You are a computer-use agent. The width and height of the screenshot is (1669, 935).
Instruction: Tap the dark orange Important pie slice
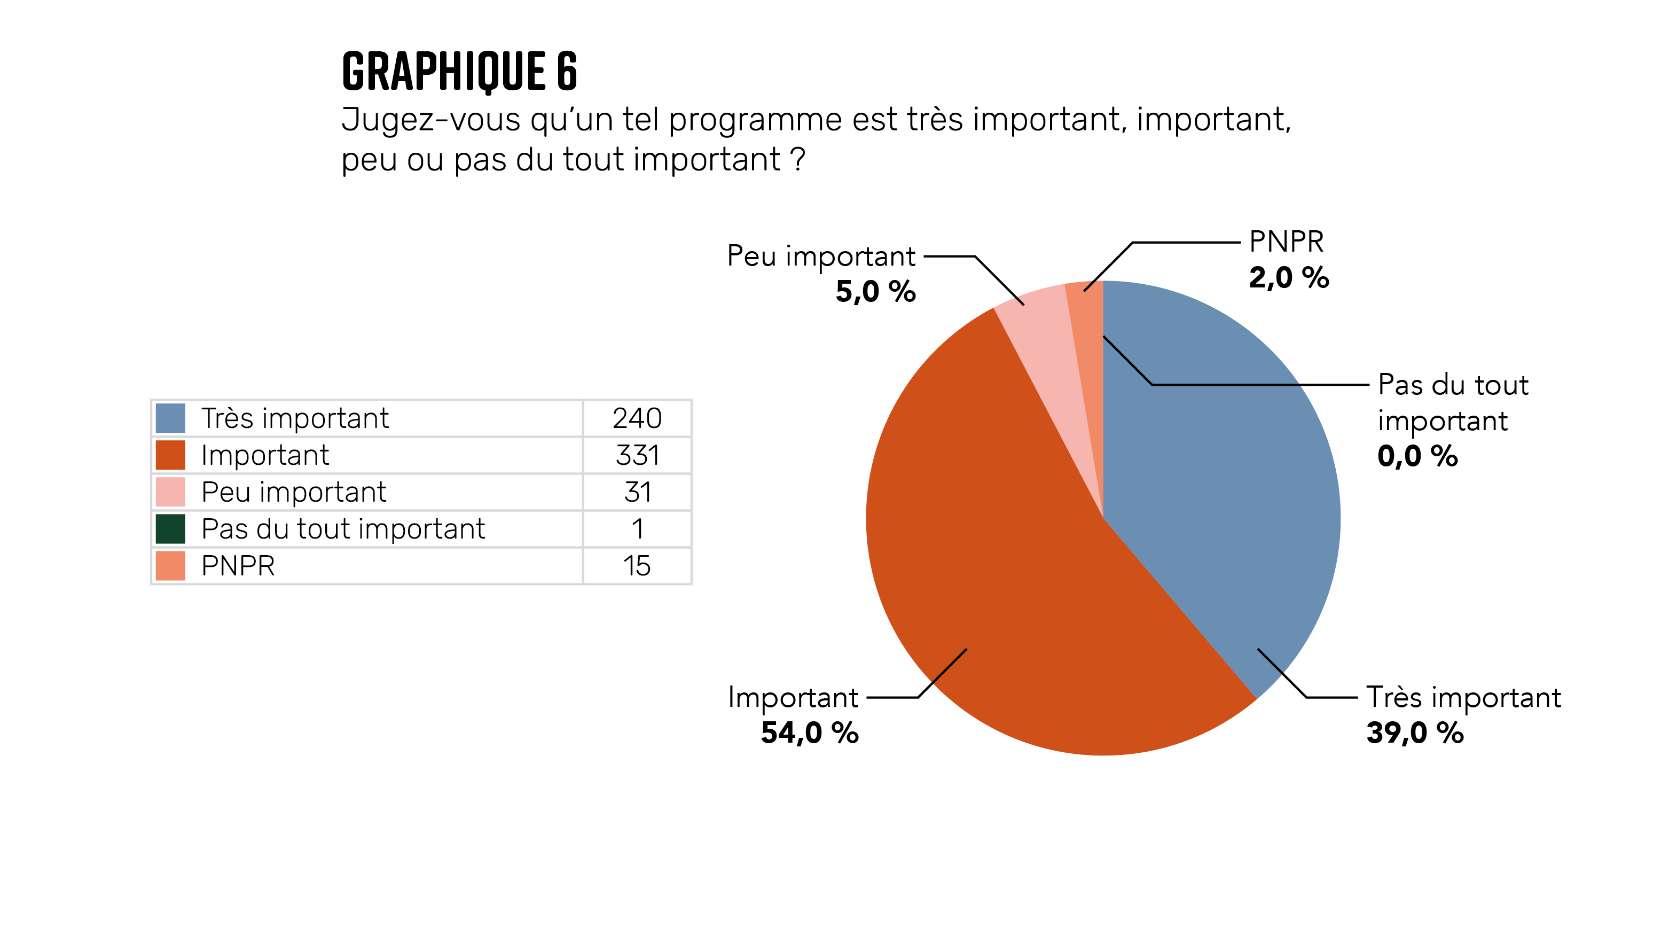pyautogui.click(x=1010, y=583)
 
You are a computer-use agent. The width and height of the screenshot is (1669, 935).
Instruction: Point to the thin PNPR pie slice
pyautogui.click(x=1089, y=337)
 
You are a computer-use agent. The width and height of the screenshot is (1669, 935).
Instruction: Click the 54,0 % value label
pyautogui.click(x=809, y=733)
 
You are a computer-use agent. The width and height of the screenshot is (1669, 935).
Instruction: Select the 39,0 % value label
pyautogui.click(x=1415, y=733)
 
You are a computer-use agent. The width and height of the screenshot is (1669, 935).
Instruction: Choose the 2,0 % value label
pyautogui.click(x=1289, y=277)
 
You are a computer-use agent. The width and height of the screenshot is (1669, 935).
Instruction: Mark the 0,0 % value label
pyautogui.click(x=1417, y=456)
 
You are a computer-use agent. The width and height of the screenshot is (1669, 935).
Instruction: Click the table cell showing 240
pyautogui.click(x=637, y=418)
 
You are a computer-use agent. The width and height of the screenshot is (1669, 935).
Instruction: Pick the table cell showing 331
pyautogui.click(x=637, y=455)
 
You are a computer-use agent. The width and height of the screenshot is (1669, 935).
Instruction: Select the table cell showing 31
pyautogui.click(x=637, y=492)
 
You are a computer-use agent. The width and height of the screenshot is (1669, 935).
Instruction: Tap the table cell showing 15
pyautogui.click(x=637, y=566)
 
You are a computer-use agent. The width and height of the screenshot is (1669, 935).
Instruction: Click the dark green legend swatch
pyautogui.click(x=170, y=529)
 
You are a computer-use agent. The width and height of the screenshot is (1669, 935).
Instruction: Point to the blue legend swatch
pyautogui.click(x=170, y=418)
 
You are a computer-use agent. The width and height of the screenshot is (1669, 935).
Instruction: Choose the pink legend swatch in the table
pyautogui.click(x=170, y=492)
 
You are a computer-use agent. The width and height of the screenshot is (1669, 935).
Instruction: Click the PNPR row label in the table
pyautogui.click(x=238, y=566)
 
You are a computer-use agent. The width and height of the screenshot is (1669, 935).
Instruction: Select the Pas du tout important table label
pyautogui.click(x=343, y=529)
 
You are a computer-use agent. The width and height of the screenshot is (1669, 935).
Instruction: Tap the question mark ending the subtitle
pyautogui.click(x=798, y=159)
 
